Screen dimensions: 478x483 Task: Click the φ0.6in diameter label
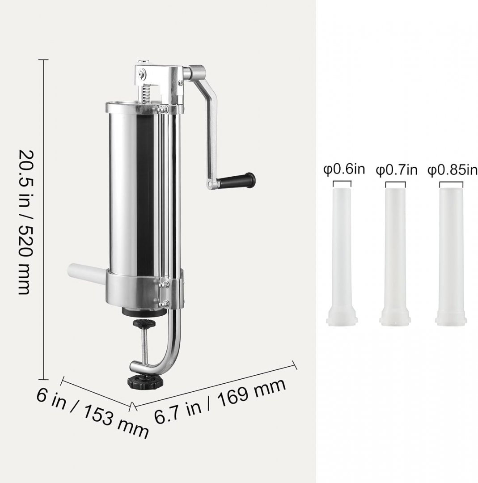point(344,169)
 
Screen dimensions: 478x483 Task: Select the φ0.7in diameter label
point(396,170)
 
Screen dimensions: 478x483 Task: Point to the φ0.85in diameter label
point(452,170)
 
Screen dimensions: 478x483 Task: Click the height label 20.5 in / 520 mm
point(25,222)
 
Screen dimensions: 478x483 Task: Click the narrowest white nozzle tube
point(342,256)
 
